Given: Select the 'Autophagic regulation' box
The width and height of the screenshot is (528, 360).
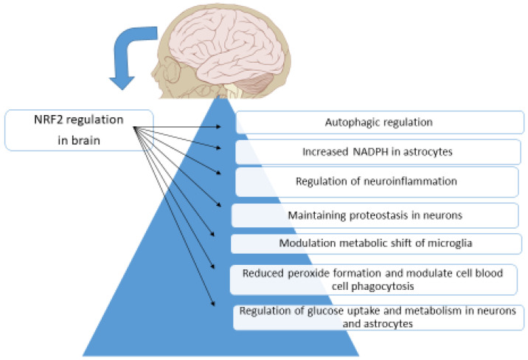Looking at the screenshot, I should coord(380,122).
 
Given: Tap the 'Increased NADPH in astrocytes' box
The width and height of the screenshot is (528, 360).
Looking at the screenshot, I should coord(380,153).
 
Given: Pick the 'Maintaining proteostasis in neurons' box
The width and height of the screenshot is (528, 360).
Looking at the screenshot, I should coord(376,215).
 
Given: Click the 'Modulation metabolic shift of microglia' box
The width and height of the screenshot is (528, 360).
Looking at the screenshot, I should coord(376,243).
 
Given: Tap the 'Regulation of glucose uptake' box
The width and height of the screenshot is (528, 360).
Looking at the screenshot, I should coord(378,317).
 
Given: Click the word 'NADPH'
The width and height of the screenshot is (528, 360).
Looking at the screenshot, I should coord(361,153).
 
